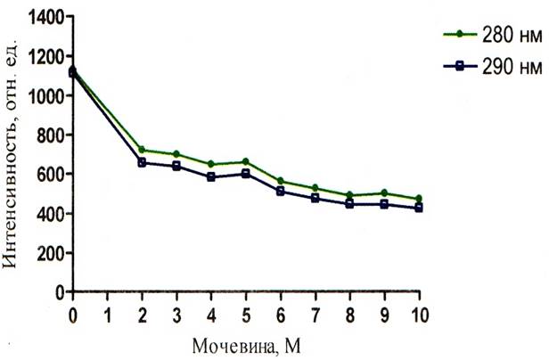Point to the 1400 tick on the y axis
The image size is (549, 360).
tap(41, 17)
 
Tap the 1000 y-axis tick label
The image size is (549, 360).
tap(41, 95)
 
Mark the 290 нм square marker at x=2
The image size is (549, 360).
tap(142, 162)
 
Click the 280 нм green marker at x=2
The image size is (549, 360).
tap(142, 150)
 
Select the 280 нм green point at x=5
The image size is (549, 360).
tap(246, 161)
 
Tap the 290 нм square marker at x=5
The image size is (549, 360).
tap(246, 174)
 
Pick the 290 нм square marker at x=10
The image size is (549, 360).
tap(419, 208)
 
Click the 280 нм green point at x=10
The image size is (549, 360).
tap(419, 199)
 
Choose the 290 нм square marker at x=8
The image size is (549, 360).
tap(349, 204)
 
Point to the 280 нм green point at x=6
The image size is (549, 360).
tap(281, 181)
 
